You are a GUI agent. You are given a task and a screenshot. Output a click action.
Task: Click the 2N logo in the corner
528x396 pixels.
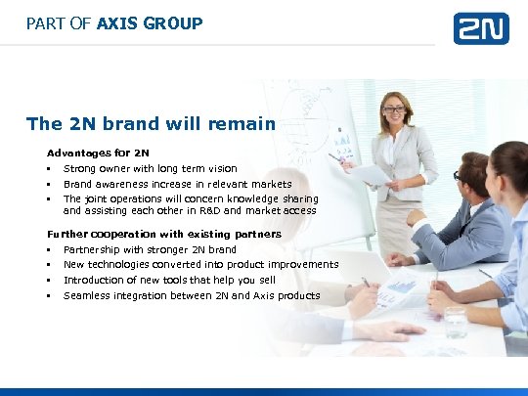click(480, 28)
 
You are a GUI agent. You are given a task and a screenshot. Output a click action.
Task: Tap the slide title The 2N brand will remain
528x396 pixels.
click(151, 123)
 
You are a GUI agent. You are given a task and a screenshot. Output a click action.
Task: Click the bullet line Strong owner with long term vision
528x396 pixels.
click(150, 168)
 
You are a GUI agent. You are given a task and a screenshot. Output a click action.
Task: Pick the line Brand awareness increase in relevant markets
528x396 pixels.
click(177, 184)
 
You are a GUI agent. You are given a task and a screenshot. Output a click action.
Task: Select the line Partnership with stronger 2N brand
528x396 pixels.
click(150, 249)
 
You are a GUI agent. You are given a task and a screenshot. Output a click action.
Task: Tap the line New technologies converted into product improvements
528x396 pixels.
click(200, 264)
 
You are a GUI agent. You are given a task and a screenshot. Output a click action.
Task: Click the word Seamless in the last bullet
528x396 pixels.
click(86, 295)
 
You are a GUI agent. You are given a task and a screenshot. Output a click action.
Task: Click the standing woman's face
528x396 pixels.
click(396, 110)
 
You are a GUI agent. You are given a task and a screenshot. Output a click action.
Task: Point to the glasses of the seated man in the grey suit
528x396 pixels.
click(458, 176)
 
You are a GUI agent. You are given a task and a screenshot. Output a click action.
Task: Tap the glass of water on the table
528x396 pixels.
click(455, 322)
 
